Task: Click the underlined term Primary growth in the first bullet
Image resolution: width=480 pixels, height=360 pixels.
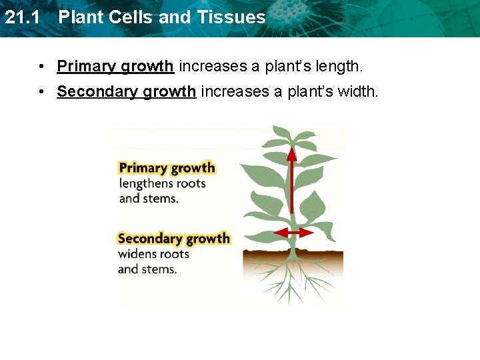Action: (115, 66)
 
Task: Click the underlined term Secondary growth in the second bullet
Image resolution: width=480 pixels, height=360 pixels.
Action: (126, 91)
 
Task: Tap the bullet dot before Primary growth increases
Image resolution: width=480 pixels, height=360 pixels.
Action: (42, 67)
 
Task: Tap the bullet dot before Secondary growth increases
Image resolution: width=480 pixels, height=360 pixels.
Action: (42, 91)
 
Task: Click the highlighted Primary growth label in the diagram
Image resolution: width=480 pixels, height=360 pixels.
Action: (167, 168)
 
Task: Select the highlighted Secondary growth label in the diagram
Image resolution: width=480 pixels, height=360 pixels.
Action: (173, 239)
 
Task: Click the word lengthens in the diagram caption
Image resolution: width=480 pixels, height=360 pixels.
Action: (143, 184)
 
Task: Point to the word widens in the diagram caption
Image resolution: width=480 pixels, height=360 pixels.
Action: (137, 254)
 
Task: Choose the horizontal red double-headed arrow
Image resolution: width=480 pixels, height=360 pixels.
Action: (294, 233)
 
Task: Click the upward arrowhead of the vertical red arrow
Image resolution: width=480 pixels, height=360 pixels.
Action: (291, 152)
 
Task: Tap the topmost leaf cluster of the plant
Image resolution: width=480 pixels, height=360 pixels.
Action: (291, 137)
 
